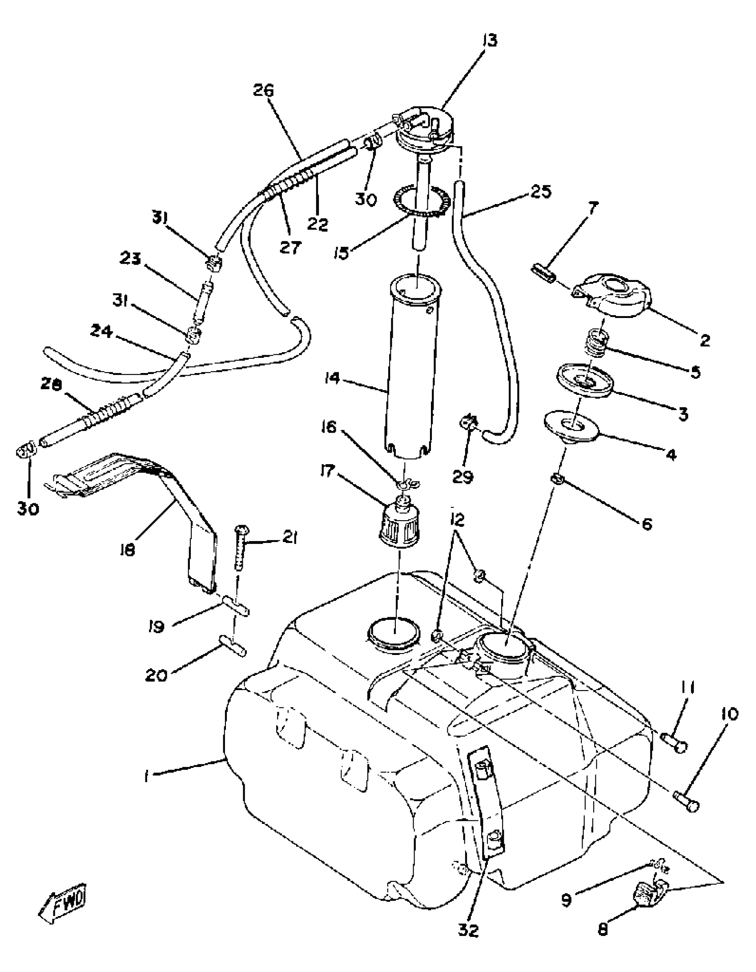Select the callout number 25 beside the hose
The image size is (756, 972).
coord(540,191)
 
